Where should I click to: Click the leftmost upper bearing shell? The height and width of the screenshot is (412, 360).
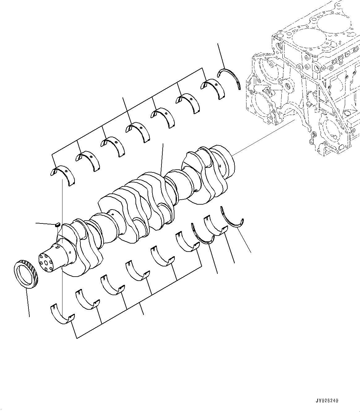(64, 175)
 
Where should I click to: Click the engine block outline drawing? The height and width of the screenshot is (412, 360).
(306, 80)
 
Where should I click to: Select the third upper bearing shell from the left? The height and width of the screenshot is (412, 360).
(113, 146)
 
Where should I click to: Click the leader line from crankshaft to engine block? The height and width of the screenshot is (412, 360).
(263, 138)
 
